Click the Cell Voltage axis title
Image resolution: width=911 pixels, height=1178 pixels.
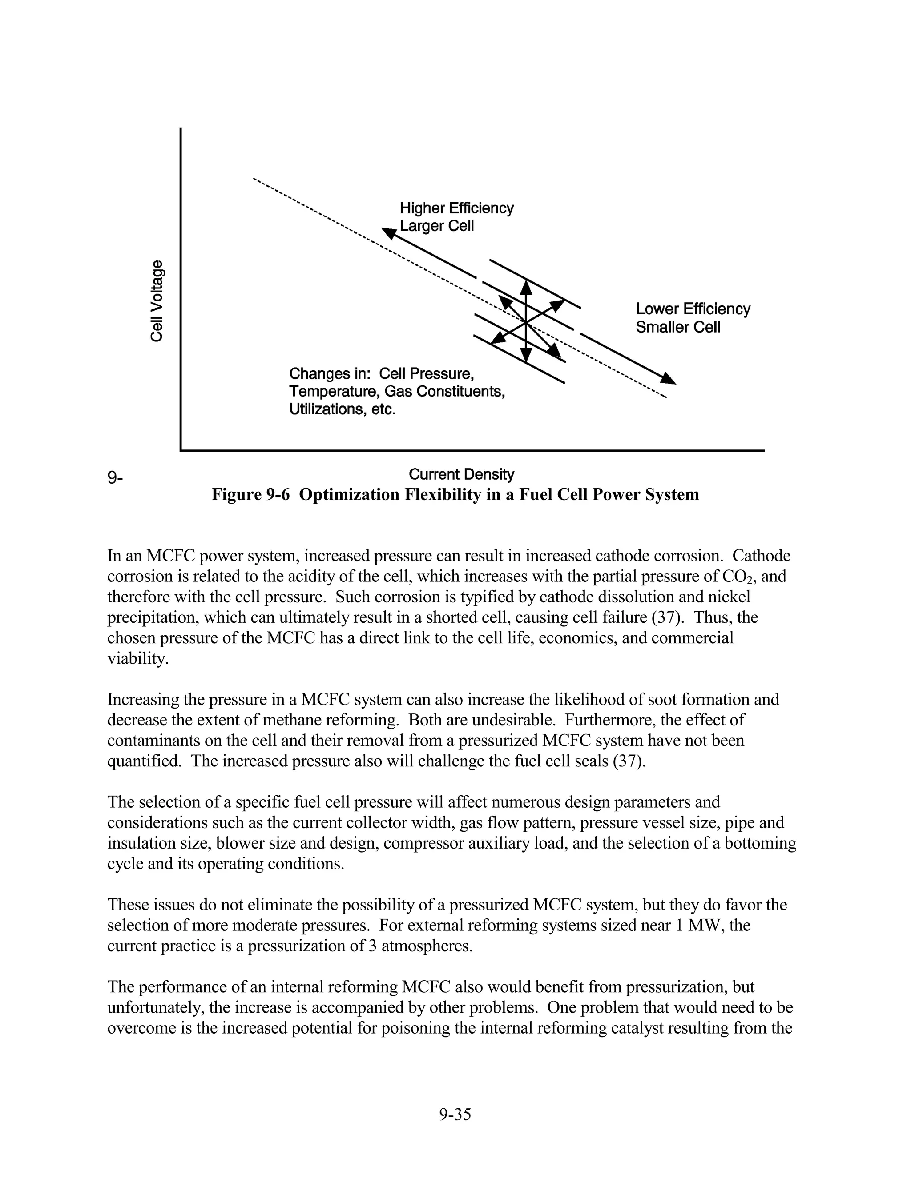(157, 301)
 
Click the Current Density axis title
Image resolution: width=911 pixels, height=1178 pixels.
(461, 474)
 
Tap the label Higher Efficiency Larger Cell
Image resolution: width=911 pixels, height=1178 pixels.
(456, 217)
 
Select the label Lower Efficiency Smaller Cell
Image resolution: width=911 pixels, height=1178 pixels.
(693, 318)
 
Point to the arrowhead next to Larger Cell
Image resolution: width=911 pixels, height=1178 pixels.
(389, 233)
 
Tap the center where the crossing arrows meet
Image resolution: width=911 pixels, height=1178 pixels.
(526, 322)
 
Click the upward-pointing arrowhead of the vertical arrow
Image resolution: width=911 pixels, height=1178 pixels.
(526, 287)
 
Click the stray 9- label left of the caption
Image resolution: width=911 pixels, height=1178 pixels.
(114, 477)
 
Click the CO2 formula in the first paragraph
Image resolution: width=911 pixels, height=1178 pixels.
(741, 577)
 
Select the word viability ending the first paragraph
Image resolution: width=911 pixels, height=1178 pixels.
(137, 659)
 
